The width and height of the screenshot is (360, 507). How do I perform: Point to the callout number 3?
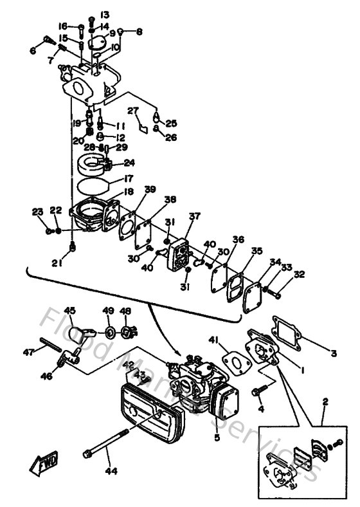[334, 353]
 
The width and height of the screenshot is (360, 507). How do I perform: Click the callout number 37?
[194, 216]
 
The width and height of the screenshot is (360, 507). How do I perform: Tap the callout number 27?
[132, 110]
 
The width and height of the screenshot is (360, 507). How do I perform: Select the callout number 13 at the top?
[104, 14]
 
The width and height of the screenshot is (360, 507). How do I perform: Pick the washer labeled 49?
[109, 332]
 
